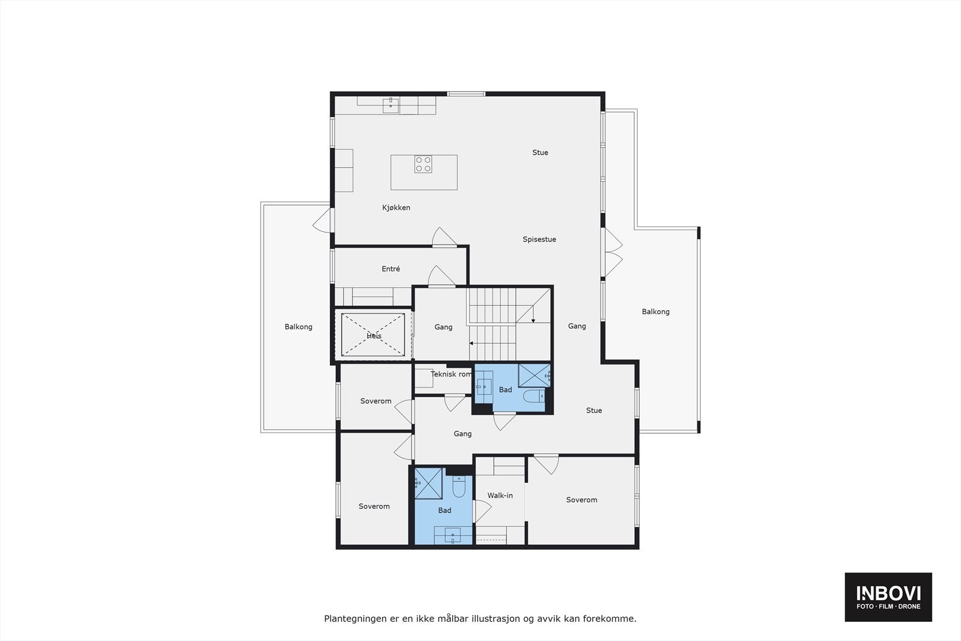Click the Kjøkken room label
(396, 208)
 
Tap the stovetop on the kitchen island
(423, 164)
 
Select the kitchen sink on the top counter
(391, 106)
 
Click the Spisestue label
(539, 240)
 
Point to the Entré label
(390, 269)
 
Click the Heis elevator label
(374, 336)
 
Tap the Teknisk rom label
(451, 374)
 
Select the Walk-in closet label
(500, 496)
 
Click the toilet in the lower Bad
(459, 488)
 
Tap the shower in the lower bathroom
(428, 483)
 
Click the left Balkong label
(298, 327)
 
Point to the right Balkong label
(655, 312)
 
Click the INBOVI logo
(888, 597)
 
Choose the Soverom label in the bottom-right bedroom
(581, 500)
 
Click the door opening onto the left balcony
(323, 221)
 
